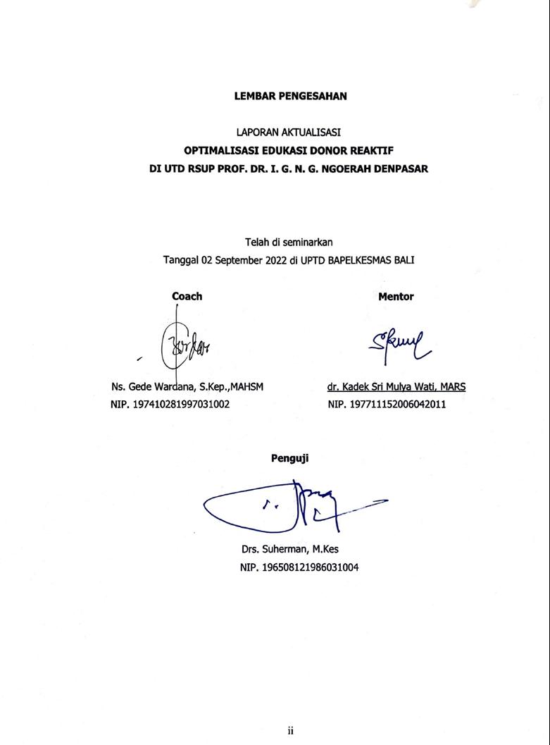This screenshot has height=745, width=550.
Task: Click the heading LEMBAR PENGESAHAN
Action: click(x=290, y=96)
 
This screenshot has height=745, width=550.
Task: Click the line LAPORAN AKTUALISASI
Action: click(x=289, y=132)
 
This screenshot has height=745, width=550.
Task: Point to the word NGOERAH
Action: click(x=340, y=169)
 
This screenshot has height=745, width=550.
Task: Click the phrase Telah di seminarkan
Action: click(x=289, y=242)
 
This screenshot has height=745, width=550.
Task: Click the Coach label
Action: click(x=187, y=296)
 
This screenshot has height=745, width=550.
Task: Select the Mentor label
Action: click(x=396, y=297)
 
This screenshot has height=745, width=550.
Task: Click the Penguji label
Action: click(x=289, y=458)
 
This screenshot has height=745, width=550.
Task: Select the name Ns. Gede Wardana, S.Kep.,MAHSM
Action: click(x=187, y=386)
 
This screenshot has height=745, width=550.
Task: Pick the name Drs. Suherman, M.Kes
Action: click(x=290, y=549)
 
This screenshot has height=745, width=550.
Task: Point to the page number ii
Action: click(x=290, y=730)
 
